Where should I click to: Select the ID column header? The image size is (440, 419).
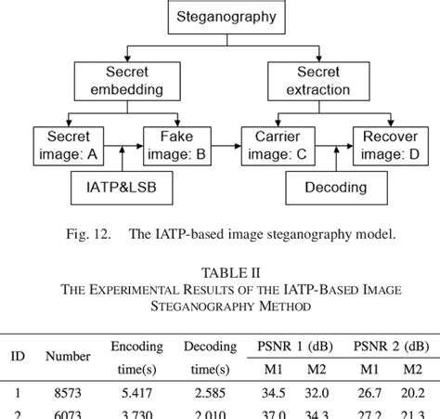coord(17,356)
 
